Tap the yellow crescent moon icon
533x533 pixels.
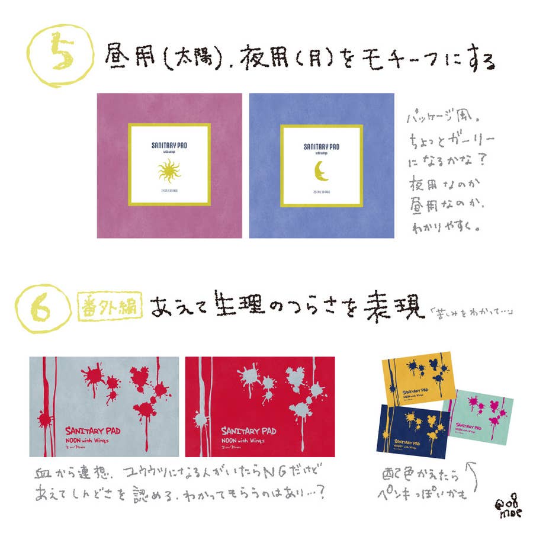pyautogui.click(x=320, y=171)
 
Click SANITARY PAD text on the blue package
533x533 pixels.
pyautogui.click(x=321, y=145)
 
